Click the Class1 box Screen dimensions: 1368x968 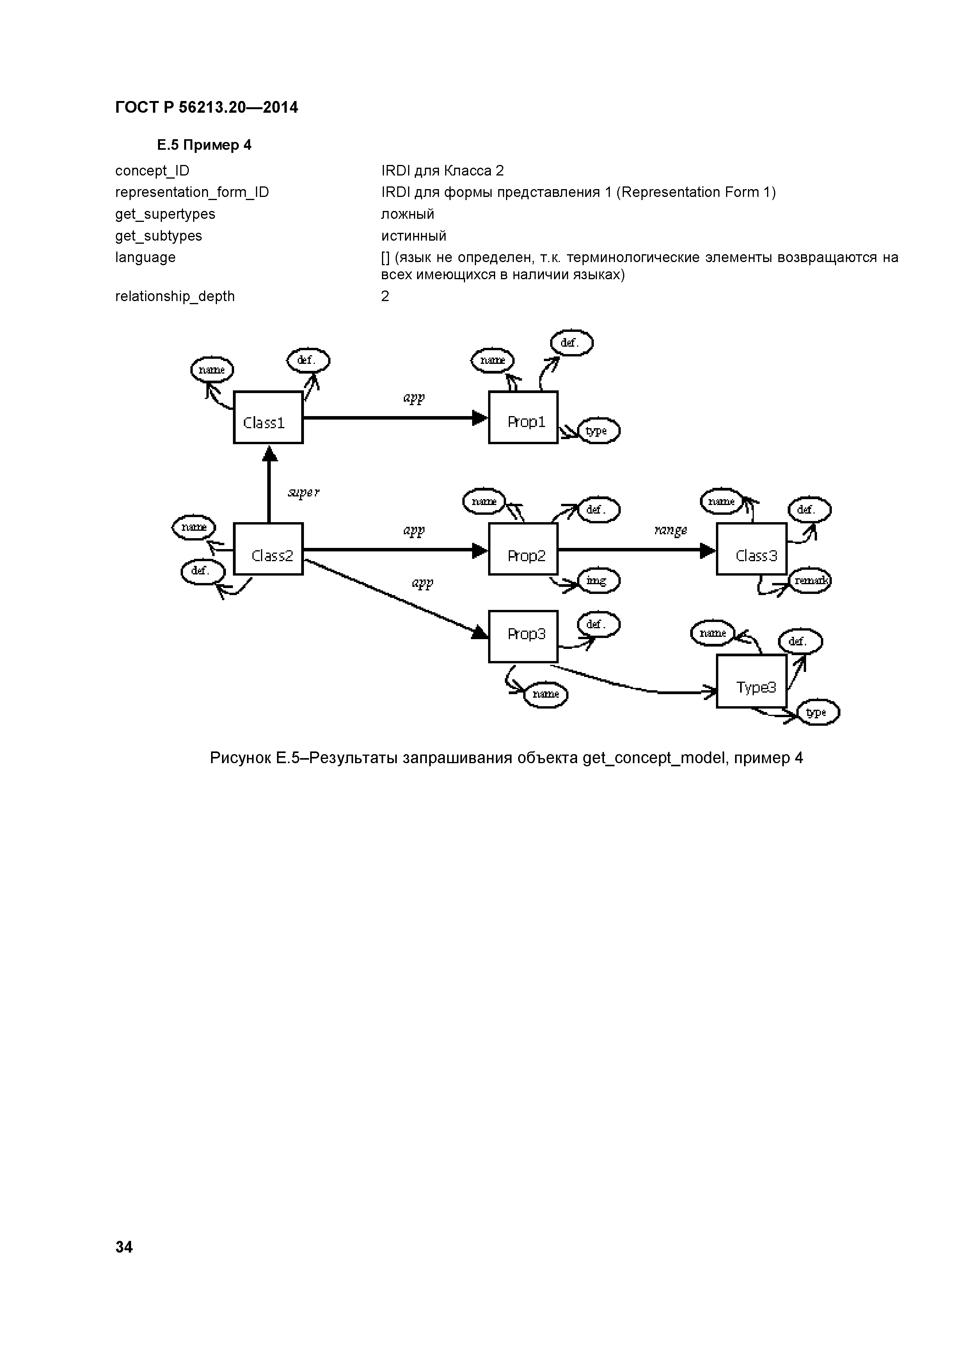(x=268, y=418)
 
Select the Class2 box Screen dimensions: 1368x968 (x=268, y=549)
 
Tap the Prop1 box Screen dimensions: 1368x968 (x=523, y=418)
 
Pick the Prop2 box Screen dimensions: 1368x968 (x=523, y=549)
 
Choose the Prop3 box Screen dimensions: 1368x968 (x=523, y=636)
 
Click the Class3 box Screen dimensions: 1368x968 (x=751, y=549)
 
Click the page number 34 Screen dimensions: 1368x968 (x=124, y=1247)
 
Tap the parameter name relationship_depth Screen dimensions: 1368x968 (x=175, y=296)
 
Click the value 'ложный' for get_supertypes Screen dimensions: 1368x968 (x=408, y=214)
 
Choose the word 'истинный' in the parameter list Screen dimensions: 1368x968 (x=414, y=236)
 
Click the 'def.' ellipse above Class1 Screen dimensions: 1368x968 (x=307, y=360)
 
